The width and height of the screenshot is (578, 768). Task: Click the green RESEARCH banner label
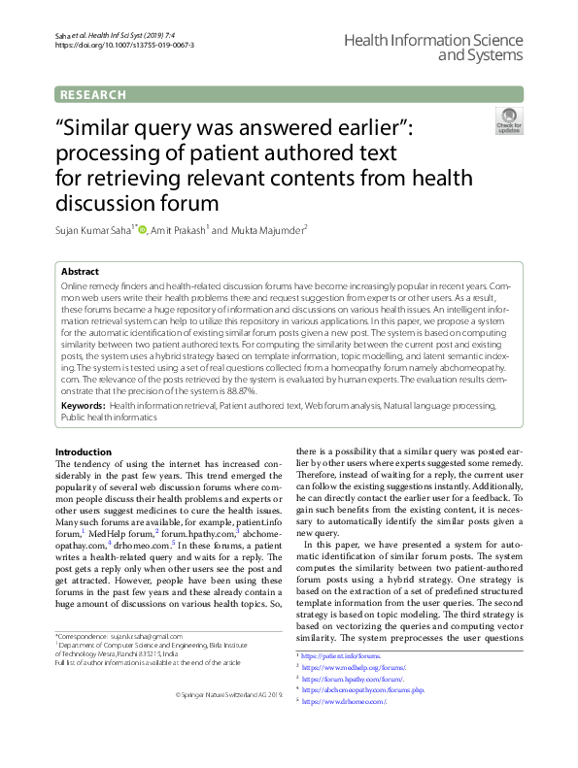(x=93, y=94)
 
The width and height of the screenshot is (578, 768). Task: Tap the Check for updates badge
(x=508, y=122)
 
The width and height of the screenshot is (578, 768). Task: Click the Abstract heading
(x=80, y=273)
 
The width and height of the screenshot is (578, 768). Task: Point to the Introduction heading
(x=84, y=452)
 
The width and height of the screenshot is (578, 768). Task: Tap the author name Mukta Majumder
(x=267, y=230)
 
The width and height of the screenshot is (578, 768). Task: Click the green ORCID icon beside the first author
(x=143, y=230)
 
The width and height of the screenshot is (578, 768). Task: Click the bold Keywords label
(x=83, y=403)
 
